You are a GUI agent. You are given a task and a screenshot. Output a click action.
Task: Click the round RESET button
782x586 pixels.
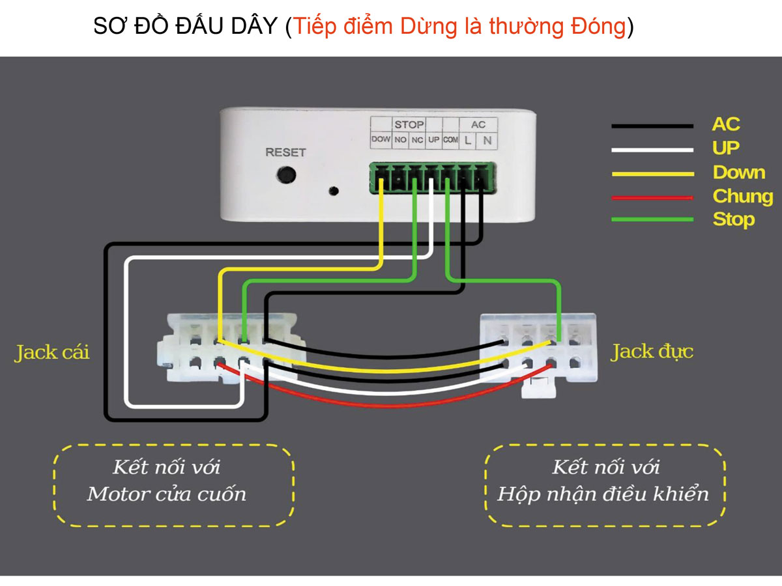pos(286,174)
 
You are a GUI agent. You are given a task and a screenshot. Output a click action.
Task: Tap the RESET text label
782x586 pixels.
pos(285,152)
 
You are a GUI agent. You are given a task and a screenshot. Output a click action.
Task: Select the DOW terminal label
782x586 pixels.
pos(381,139)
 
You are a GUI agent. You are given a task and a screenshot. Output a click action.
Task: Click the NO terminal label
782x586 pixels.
pos(400,139)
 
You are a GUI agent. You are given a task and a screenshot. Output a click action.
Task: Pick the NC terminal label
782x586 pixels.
pos(417,139)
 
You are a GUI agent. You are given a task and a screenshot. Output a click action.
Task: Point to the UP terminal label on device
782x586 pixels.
pos(433,139)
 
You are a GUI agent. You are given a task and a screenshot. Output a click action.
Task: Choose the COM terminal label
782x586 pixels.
pos(450,139)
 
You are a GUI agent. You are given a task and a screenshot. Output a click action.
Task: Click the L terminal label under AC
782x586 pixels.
pos(468,139)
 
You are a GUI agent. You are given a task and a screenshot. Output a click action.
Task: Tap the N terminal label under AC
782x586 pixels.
pos(486,139)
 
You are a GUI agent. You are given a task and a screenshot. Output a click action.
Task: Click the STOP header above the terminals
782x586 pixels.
pos(409,124)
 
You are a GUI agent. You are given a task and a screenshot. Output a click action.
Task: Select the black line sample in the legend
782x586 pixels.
pos(652,126)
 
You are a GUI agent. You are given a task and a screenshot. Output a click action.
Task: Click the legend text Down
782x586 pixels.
pos(738,173)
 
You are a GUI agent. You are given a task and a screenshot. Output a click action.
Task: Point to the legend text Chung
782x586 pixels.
pos(742,196)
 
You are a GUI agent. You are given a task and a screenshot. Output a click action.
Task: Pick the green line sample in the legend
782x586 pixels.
pos(652,219)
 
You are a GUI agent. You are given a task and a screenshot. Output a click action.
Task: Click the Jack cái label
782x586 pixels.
pos(51,353)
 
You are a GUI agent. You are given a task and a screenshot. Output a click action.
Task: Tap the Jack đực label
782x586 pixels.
pos(652,352)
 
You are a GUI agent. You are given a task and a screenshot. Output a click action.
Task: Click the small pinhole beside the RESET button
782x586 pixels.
pos(334,191)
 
